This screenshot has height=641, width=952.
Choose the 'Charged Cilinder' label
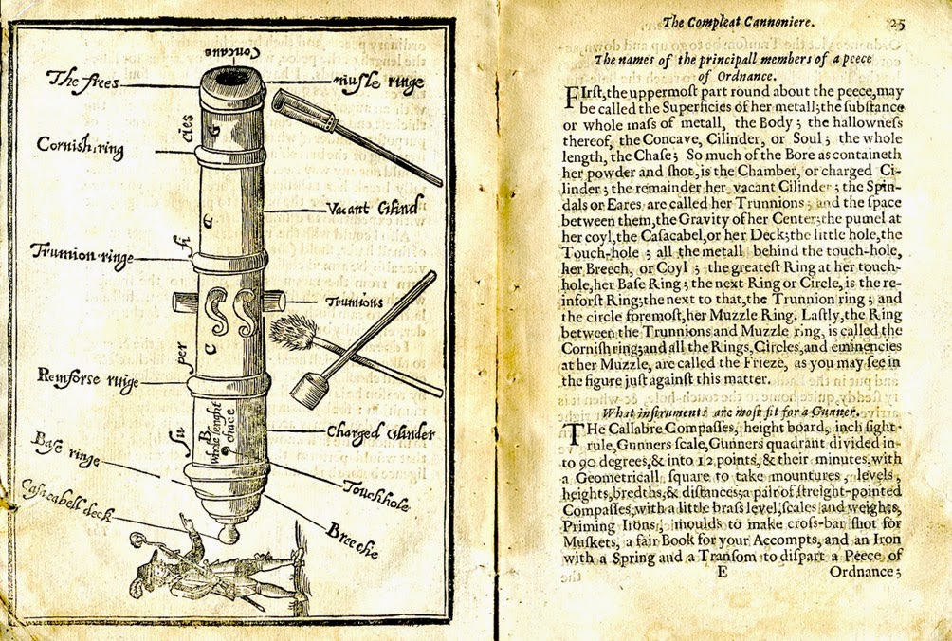point(380,434)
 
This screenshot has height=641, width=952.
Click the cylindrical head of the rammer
point(306,390)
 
